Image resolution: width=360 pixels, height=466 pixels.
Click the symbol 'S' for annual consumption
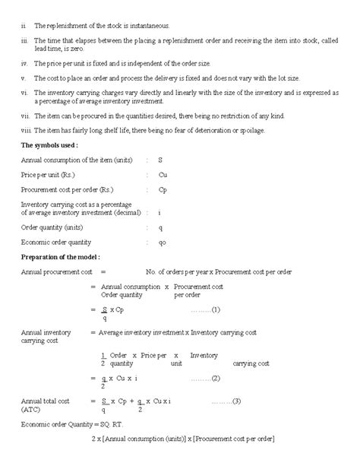coord(160,160)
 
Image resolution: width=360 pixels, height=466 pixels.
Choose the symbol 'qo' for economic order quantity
coord(162,242)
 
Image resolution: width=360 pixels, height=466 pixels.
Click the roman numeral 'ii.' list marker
coord(24,26)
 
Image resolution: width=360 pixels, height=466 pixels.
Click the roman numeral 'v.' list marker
coord(24,78)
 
